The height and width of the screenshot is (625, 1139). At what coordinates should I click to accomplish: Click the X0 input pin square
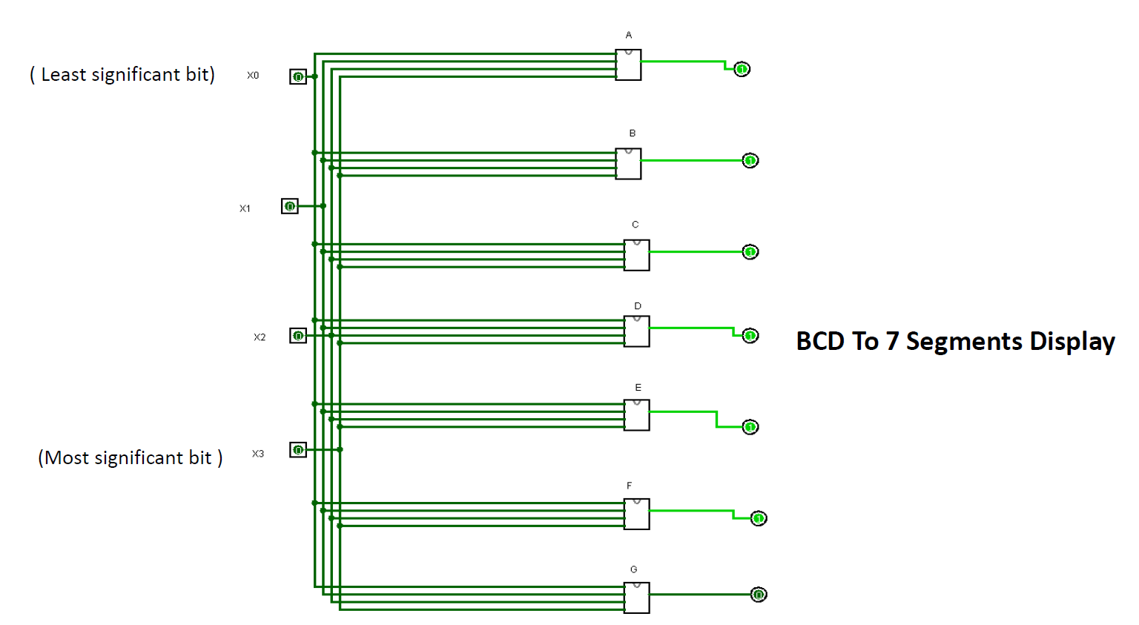[x=297, y=76]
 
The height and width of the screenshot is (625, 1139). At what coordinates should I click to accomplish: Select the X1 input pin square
[x=289, y=206]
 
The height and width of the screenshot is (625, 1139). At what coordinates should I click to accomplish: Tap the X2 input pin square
[x=297, y=336]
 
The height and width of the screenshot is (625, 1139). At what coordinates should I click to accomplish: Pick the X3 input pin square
[x=297, y=450]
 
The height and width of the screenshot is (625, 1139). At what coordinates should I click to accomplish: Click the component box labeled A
[x=628, y=65]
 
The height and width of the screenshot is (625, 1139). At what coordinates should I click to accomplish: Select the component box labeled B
[x=628, y=164]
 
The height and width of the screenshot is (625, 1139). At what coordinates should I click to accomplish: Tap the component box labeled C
[x=636, y=255]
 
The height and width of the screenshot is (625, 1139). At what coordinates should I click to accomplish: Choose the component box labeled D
[x=636, y=331]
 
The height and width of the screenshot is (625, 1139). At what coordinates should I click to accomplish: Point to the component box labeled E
[x=636, y=415]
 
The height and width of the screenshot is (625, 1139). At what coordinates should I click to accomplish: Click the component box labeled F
[x=636, y=514]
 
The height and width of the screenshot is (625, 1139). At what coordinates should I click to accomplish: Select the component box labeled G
[x=636, y=598]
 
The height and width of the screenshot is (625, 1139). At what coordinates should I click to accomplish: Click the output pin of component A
[x=742, y=69]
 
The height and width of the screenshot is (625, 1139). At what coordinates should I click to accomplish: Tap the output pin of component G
[x=758, y=595]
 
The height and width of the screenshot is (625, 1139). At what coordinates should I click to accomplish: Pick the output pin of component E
[x=750, y=427]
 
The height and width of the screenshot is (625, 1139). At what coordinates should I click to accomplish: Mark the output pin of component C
[x=750, y=252]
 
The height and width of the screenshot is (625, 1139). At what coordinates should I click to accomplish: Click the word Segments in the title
[x=964, y=342]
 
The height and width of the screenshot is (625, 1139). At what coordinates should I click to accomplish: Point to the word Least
[x=62, y=75]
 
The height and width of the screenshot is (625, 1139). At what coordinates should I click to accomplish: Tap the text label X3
[x=257, y=454]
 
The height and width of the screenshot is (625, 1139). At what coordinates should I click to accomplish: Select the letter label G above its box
[x=633, y=569]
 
